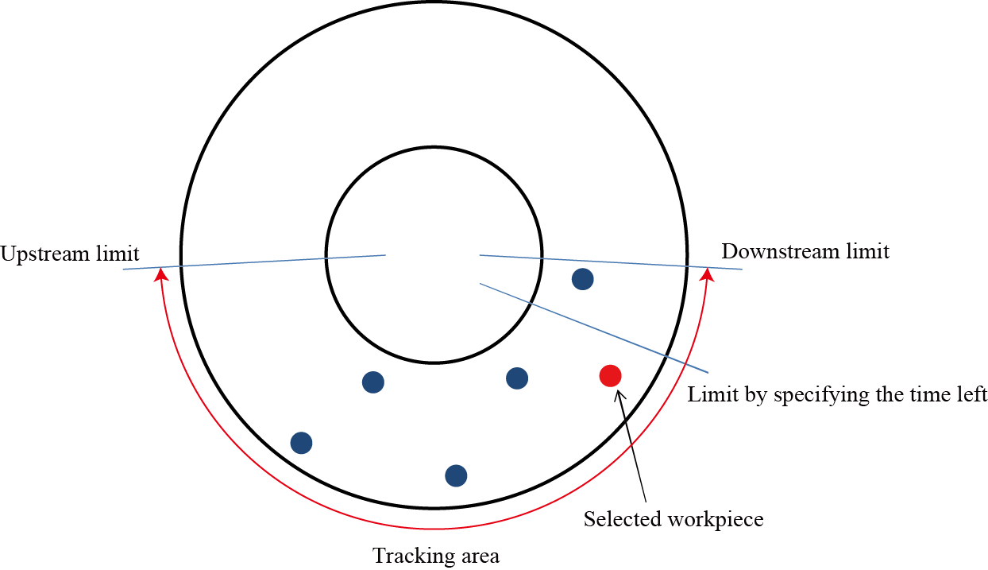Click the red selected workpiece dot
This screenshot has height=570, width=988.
tap(610, 375)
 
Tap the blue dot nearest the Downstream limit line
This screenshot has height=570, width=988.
tap(583, 279)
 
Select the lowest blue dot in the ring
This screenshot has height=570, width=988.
tap(456, 475)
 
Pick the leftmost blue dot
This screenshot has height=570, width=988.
tap(301, 443)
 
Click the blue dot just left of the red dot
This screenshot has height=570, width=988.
tap(517, 378)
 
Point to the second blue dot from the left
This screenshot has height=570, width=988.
tap(373, 382)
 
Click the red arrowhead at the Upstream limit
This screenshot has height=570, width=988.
tap(161, 274)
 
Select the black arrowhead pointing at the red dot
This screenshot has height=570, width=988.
tap(619, 394)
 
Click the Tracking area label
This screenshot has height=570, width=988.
tap(436, 556)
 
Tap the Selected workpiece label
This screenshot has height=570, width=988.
tap(673, 520)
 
